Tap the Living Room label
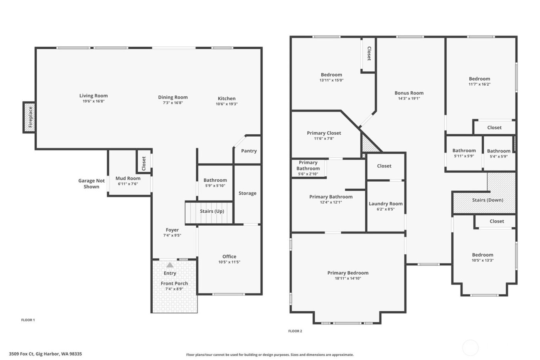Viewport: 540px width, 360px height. (93, 96)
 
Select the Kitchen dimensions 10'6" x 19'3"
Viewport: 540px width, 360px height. (226, 104)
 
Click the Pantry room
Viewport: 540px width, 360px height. (249, 151)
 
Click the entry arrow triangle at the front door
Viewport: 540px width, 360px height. (170, 265)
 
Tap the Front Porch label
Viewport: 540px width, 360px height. (174, 283)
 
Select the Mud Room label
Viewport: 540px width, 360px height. (128, 178)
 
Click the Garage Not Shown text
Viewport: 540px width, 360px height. (91, 184)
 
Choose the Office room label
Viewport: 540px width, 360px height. (229, 257)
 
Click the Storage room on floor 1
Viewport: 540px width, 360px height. (247, 193)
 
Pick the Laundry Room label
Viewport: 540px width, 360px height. (385, 204)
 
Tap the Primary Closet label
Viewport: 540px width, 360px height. (324, 133)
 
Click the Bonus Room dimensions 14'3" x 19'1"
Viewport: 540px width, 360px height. (409, 98)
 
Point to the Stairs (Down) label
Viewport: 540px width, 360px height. (488, 200)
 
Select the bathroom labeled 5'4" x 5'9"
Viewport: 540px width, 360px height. (498, 154)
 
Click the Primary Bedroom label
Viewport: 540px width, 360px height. (348, 273)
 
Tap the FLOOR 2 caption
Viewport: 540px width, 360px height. (295, 331)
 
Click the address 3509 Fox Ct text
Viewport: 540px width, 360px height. (45, 354)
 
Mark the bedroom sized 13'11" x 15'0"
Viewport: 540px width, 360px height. (331, 78)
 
